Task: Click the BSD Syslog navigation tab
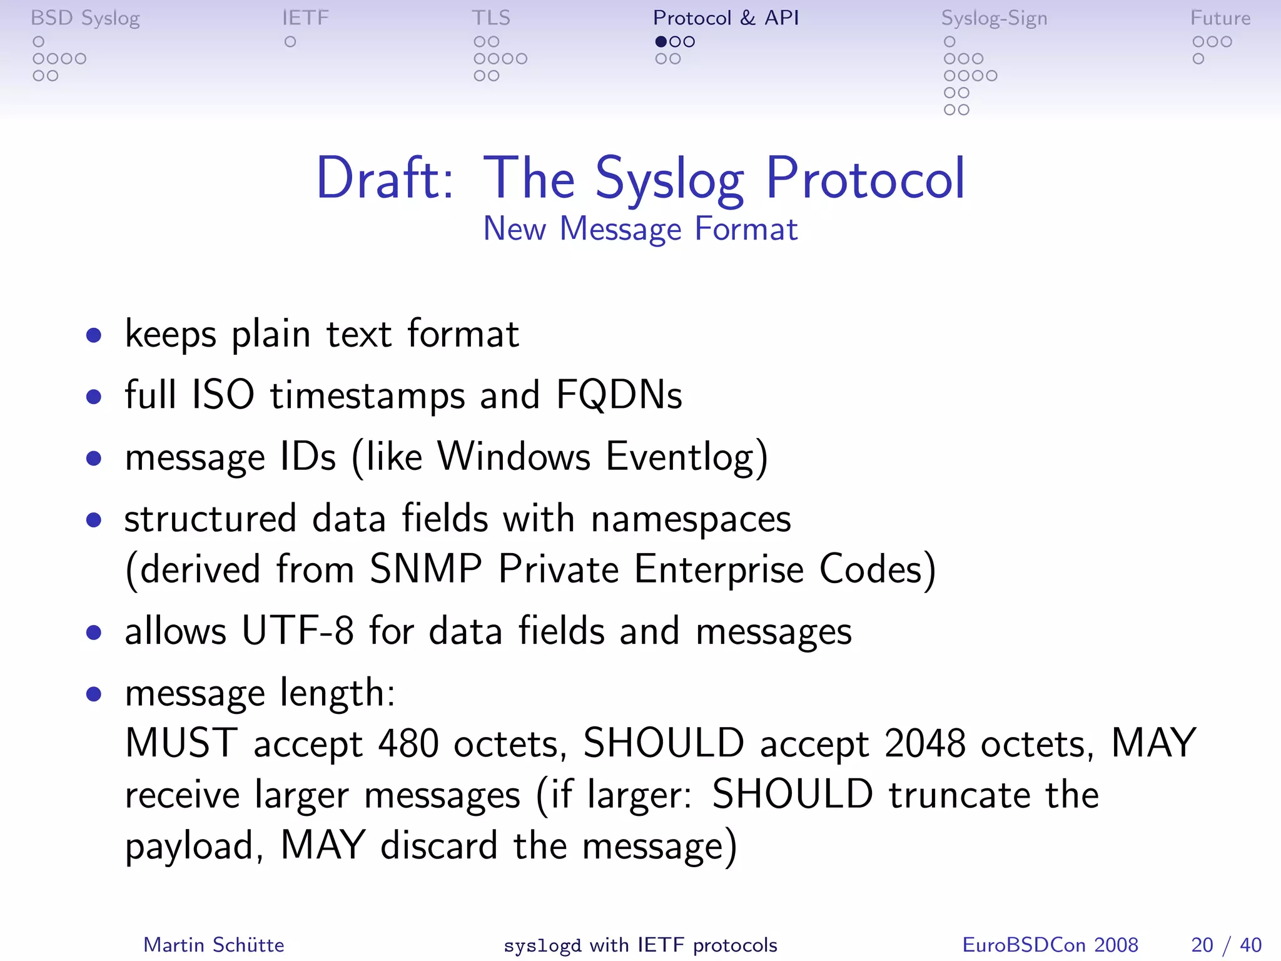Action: pos(85,18)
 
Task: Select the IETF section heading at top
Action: pos(305,18)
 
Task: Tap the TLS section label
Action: pos(491,18)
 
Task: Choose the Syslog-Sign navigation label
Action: pos(994,19)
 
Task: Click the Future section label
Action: pos(1220,18)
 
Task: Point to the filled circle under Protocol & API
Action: pos(661,42)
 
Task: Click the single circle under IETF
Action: pos(290,42)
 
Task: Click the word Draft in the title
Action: pos(385,179)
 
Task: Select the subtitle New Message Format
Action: pos(640,229)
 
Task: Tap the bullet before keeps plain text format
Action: pos(94,336)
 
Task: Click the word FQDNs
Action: pos(619,395)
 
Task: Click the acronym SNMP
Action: pos(425,569)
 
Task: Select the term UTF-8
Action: pos(298,631)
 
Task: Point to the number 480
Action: pos(408,744)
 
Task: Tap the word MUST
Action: pos(181,743)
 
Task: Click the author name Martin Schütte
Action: pos(214,945)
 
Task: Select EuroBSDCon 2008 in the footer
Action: pos(1050,945)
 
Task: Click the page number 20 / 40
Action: pos(1226,945)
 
